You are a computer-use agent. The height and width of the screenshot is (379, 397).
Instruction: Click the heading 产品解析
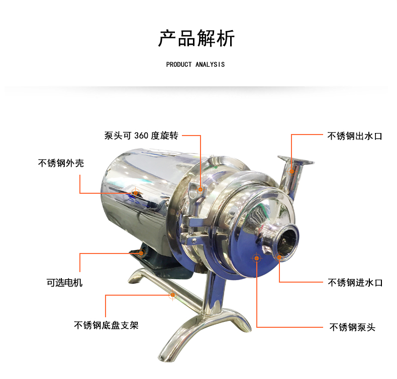pyautogui.click(x=196, y=38)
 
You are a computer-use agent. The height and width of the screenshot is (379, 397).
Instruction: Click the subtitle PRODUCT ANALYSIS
pyautogui.click(x=195, y=65)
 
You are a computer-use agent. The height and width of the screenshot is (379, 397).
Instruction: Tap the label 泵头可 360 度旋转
pyautogui.click(x=141, y=136)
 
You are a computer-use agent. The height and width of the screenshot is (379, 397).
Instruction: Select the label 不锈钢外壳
pyautogui.click(x=61, y=163)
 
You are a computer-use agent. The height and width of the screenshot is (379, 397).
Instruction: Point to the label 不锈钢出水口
pyautogui.click(x=355, y=136)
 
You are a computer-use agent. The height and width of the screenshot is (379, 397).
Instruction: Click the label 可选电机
pyautogui.click(x=64, y=283)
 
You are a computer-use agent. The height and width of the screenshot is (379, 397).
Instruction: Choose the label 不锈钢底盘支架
pyautogui.click(x=107, y=325)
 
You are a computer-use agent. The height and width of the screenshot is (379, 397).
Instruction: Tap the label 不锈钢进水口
pyautogui.click(x=355, y=283)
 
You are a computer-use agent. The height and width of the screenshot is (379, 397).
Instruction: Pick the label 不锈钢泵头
pyautogui.click(x=352, y=327)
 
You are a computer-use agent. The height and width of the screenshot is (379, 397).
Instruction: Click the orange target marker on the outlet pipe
pyautogui.click(x=291, y=171)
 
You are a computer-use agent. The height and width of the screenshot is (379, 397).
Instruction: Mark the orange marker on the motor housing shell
pyautogui.click(x=136, y=193)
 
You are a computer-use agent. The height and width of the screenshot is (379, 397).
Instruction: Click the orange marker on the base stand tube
pyautogui.click(x=173, y=295)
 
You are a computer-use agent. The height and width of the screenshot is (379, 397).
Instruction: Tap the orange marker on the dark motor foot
pyautogui.click(x=141, y=253)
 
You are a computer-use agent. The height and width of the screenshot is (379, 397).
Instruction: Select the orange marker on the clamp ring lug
pyautogui.click(x=201, y=189)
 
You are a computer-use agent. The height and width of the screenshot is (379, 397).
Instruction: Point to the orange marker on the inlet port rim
pyautogui.click(x=279, y=257)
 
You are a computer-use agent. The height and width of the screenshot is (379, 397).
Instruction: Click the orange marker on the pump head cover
pyautogui.click(x=256, y=258)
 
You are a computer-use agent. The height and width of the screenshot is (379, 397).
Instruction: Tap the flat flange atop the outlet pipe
pyautogui.click(x=295, y=160)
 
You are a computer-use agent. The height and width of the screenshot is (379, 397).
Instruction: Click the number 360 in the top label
pyautogui.click(x=141, y=136)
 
